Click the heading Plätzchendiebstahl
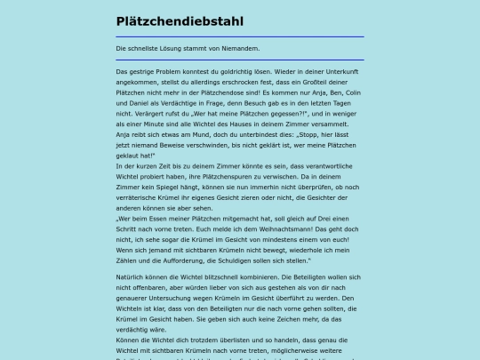tap(180, 20)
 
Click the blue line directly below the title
tap(240, 36)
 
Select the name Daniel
tap(128, 103)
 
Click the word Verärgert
tap(145, 114)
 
